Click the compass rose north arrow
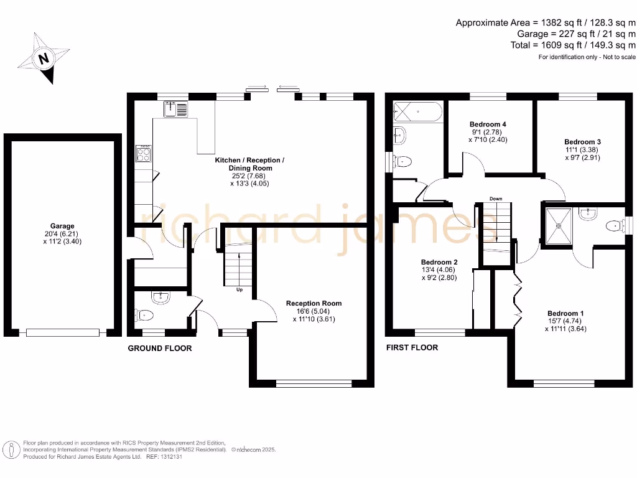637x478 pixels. tap(43, 59)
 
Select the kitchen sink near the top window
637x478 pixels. tap(176, 110)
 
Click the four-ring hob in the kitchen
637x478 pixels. tap(144, 153)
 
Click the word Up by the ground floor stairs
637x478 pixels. tap(238, 289)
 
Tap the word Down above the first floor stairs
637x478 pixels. tap(495, 199)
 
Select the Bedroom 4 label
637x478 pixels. tap(488, 132)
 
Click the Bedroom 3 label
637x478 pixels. tap(582, 149)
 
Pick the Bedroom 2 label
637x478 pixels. tap(439, 269)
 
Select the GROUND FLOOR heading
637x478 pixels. tap(160, 349)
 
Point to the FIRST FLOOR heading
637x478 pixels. tap(412, 347)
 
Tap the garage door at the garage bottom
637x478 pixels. tap(62, 333)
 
